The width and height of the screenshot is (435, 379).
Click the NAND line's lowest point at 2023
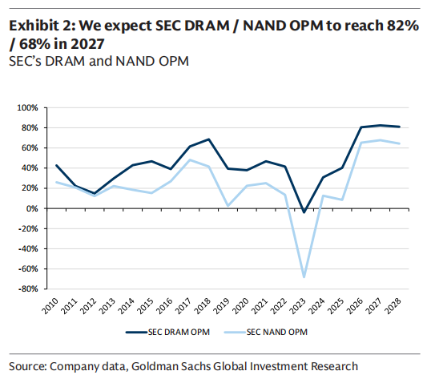coord(304,276)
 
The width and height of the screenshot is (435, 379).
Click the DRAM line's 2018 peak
coord(208,139)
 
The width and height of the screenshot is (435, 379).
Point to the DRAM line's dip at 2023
coord(304,212)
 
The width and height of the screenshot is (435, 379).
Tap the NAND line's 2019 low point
coord(228,206)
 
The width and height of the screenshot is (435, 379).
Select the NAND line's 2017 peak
coord(190,159)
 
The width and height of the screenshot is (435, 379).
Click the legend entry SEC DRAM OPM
coord(168,332)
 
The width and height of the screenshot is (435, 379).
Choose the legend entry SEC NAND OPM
coord(266,332)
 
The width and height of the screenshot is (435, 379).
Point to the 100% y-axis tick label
coord(27,107)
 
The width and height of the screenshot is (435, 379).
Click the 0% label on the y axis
coord(32,208)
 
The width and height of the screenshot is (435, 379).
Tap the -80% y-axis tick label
coord(28,288)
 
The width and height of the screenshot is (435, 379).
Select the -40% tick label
coord(28,248)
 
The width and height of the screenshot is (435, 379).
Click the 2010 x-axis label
coord(50,306)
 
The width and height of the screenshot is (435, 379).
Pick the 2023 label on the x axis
coord(298,306)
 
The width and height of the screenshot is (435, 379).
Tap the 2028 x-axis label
coord(393,306)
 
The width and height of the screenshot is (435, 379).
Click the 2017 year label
coord(183,306)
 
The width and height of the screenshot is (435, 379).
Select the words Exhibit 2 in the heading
coord(42,26)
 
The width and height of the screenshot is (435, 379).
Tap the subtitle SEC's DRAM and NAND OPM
coord(99,62)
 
